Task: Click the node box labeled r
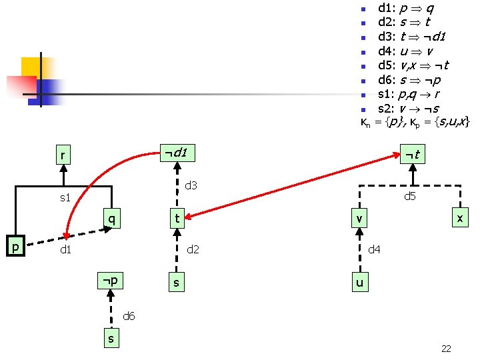pos(63,156)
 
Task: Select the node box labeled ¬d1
pos(175,153)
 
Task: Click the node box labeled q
pos(113,217)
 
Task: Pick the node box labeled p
pos(15,246)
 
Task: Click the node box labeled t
pos(177,218)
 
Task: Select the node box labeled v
pos(359,218)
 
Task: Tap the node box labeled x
pos(459,218)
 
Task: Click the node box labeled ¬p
pos(111,281)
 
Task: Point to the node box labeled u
pos(359,283)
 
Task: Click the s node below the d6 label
pos(111,339)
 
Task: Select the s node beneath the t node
pos(176,283)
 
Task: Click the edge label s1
pos(65,197)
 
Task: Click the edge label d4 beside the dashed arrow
pos(375,250)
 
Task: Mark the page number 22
pos(447,348)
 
